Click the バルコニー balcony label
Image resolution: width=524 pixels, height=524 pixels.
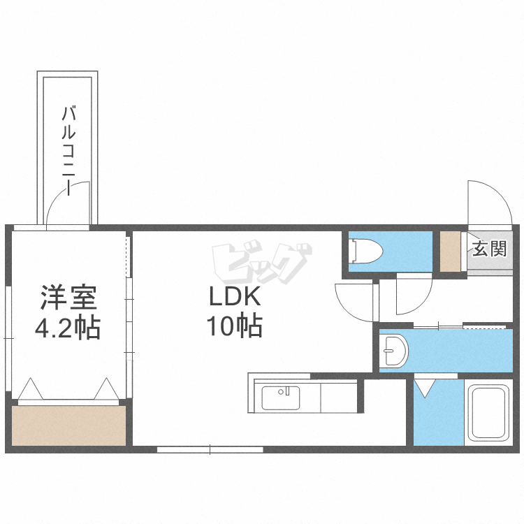69,147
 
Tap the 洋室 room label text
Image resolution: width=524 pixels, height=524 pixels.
68,298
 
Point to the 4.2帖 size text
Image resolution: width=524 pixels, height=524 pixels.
68,327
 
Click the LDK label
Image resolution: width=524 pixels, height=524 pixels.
235,298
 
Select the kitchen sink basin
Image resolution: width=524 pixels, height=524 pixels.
281,398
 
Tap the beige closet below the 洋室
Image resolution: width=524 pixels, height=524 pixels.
68,425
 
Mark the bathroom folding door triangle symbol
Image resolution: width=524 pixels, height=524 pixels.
424,386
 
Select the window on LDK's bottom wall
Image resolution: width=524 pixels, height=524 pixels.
210,449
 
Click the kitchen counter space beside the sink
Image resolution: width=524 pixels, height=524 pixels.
338,398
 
